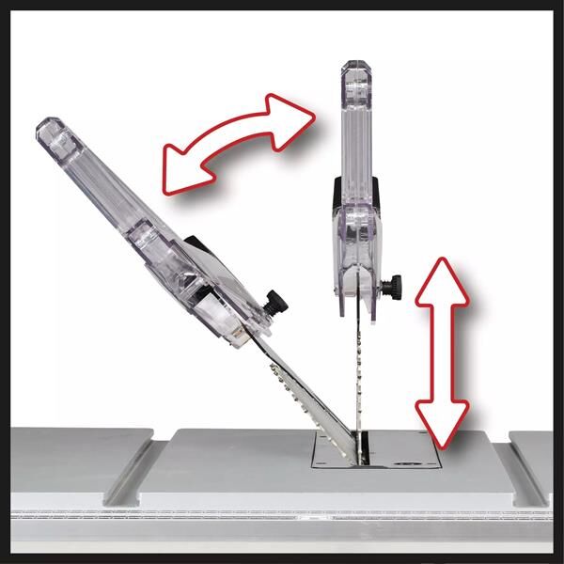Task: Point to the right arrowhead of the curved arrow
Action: point(293,113)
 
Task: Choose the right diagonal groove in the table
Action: point(526,465)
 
